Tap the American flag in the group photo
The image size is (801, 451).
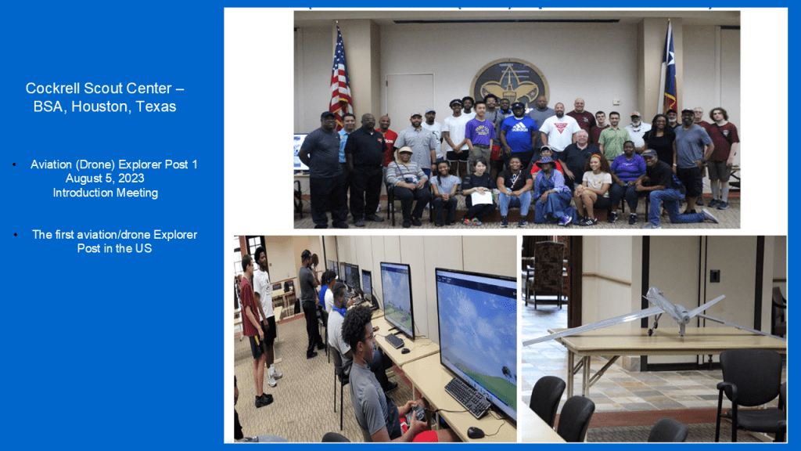coord(339,77)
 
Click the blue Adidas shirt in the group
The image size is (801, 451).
coord(519,134)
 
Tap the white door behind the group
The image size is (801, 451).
coord(410,97)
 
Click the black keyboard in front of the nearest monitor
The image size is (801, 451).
coord(468,397)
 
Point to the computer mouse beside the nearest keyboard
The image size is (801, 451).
coord(476,432)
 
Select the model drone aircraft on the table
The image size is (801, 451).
coord(654,315)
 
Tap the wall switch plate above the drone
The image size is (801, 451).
coord(715,276)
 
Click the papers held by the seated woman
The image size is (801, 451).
coord(482,197)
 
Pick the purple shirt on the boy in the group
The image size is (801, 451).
coord(480,132)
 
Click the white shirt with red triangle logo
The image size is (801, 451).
coord(560,132)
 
